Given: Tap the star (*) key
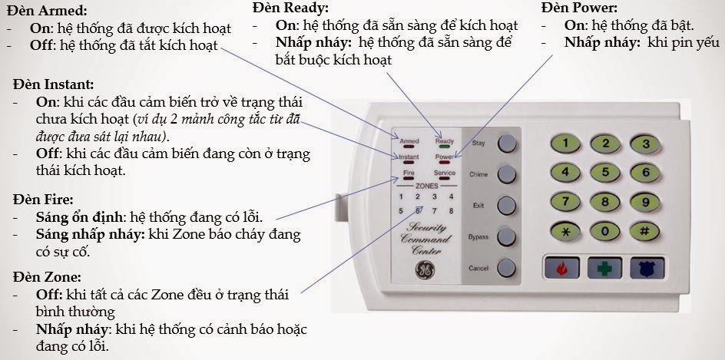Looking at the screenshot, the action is pos(565,232).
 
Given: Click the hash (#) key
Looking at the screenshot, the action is pos(644,231).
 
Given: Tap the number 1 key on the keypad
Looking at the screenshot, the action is pos(565,144).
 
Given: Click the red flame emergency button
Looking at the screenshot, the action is pos(561,268).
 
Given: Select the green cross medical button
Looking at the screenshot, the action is pos(604,268).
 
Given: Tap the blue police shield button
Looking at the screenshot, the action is pos(647,268).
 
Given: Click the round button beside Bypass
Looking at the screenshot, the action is pos(507,236).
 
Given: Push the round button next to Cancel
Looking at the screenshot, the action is pos(507,268).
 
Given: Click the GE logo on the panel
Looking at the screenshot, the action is pos(424,271).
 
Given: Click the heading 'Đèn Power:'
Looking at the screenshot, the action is pos(579,8).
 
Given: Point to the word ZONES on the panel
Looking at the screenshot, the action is pos(426,186).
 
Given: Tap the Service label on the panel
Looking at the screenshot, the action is pos(445,173).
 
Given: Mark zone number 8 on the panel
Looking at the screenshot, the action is pos(451,211).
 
